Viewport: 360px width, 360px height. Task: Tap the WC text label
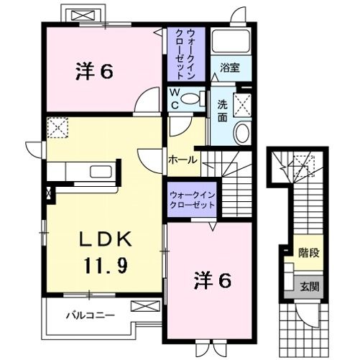point(174,99)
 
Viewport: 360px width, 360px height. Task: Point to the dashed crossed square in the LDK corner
point(57,128)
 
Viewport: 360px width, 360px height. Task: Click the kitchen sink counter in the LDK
point(83,172)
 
